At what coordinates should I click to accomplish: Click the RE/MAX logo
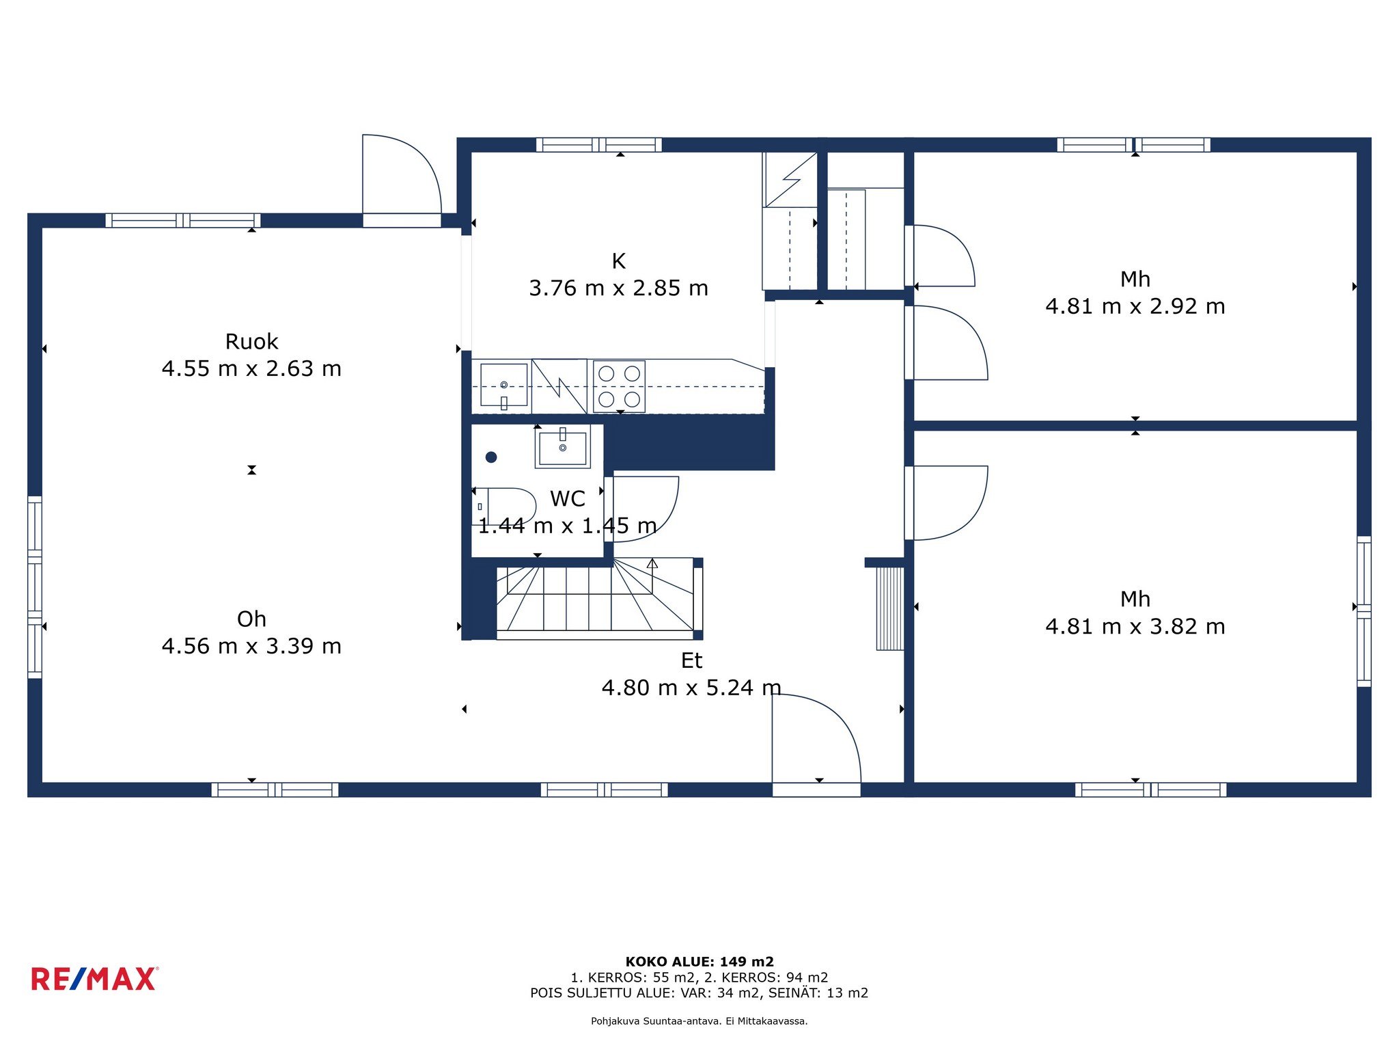pyautogui.click(x=94, y=979)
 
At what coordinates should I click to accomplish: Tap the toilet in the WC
pyautogui.click(x=503, y=507)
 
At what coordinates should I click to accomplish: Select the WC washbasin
pyautogui.click(x=562, y=447)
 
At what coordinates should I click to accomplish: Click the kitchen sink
pyautogui.click(x=504, y=386)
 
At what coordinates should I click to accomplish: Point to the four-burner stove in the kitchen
pyautogui.click(x=619, y=386)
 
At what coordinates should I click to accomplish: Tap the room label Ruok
pyautogui.click(x=251, y=341)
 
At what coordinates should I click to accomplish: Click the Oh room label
pyautogui.click(x=251, y=619)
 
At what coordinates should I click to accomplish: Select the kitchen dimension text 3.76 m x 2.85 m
pyautogui.click(x=618, y=288)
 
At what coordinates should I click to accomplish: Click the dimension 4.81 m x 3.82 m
pyautogui.click(x=1135, y=626)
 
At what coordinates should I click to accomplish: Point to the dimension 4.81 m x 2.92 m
pyautogui.click(x=1135, y=306)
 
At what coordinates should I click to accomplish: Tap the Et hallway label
pyautogui.click(x=691, y=660)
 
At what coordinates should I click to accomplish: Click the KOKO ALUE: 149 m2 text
pyautogui.click(x=699, y=962)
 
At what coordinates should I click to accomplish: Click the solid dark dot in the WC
pyautogui.click(x=491, y=457)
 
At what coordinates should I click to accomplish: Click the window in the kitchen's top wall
pyautogui.click(x=599, y=145)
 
